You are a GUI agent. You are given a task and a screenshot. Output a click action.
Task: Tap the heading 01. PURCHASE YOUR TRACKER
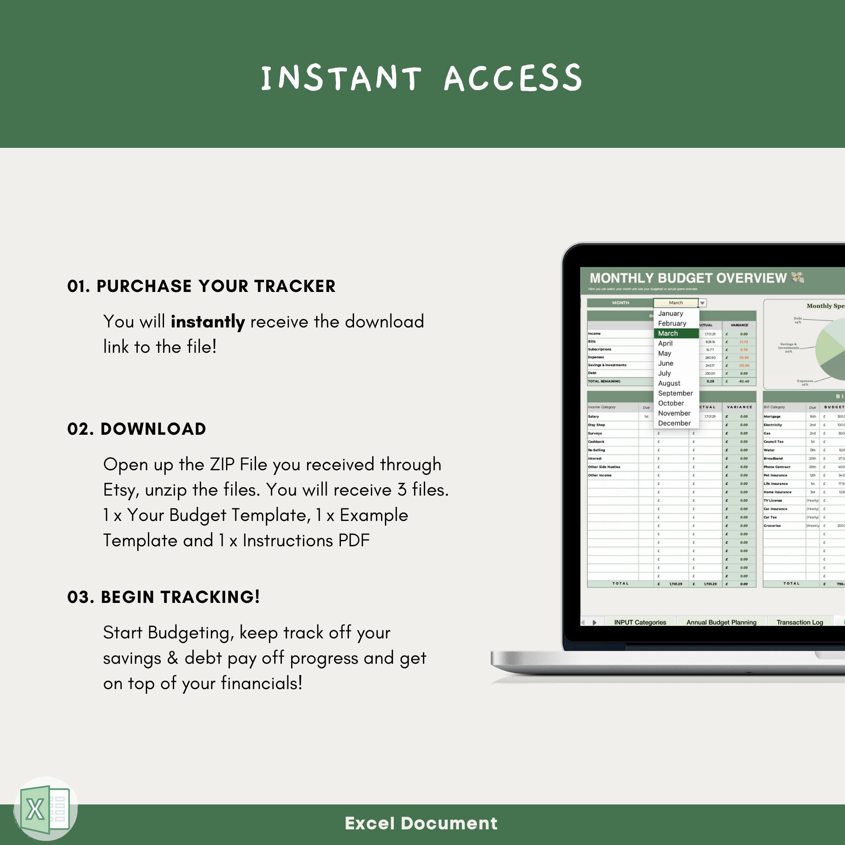tap(201, 286)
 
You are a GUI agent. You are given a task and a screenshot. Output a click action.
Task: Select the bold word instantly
tap(208, 322)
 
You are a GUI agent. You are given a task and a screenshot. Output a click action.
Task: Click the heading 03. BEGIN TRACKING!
tap(164, 597)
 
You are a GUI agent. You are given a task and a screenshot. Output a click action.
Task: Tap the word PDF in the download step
tap(354, 541)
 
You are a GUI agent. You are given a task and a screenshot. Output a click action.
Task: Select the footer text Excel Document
tap(421, 823)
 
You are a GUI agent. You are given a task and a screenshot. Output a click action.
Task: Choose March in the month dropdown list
tap(668, 333)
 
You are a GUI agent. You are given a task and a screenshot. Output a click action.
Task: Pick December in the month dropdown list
tap(674, 423)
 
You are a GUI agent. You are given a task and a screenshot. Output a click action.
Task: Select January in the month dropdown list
tap(670, 313)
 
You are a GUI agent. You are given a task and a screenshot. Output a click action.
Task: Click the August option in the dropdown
tap(669, 383)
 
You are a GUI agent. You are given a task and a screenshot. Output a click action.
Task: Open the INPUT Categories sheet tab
tap(640, 622)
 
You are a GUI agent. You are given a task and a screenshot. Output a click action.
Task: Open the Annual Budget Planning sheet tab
tap(721, 622)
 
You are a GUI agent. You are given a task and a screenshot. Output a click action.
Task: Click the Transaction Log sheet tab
tap(799, 622)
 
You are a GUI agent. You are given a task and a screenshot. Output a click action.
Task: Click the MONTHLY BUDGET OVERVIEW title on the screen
tap(687, 278)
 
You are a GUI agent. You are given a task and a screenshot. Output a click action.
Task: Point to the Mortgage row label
tap(772, 417)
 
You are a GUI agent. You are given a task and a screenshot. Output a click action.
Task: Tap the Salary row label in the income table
tap(594, 417)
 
